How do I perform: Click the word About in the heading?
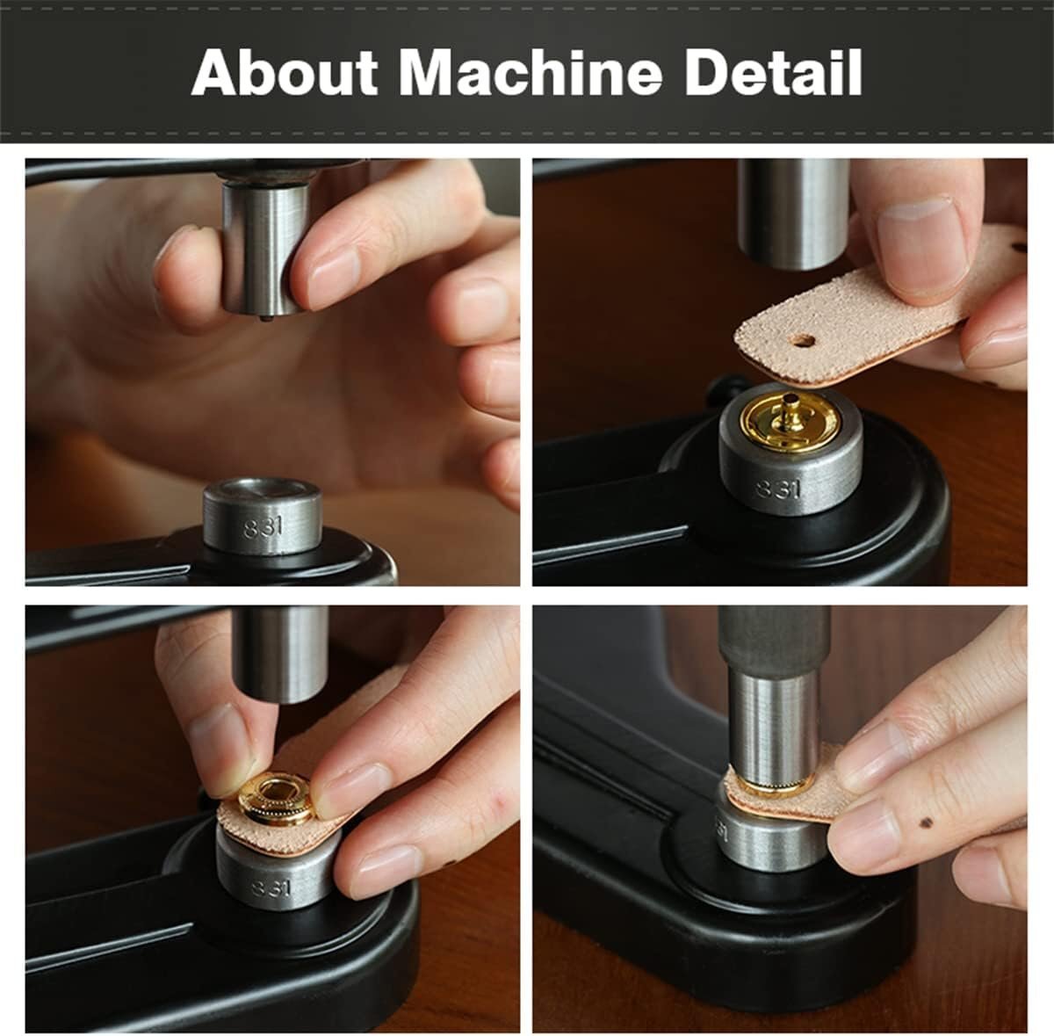(x=285, y=73)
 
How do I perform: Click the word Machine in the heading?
(x=531, y=73)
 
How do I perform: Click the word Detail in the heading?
(x=773, y=73)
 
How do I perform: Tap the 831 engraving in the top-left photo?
(x=263, y=527)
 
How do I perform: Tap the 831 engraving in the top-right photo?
(x=779, y=489)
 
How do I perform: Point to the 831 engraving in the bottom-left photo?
(x=271, y=887)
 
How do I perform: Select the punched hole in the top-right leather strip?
(x=803, y=341)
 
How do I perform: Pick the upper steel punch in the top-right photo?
(x=793, y=214)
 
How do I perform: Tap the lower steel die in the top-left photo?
(x=263, y=516)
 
